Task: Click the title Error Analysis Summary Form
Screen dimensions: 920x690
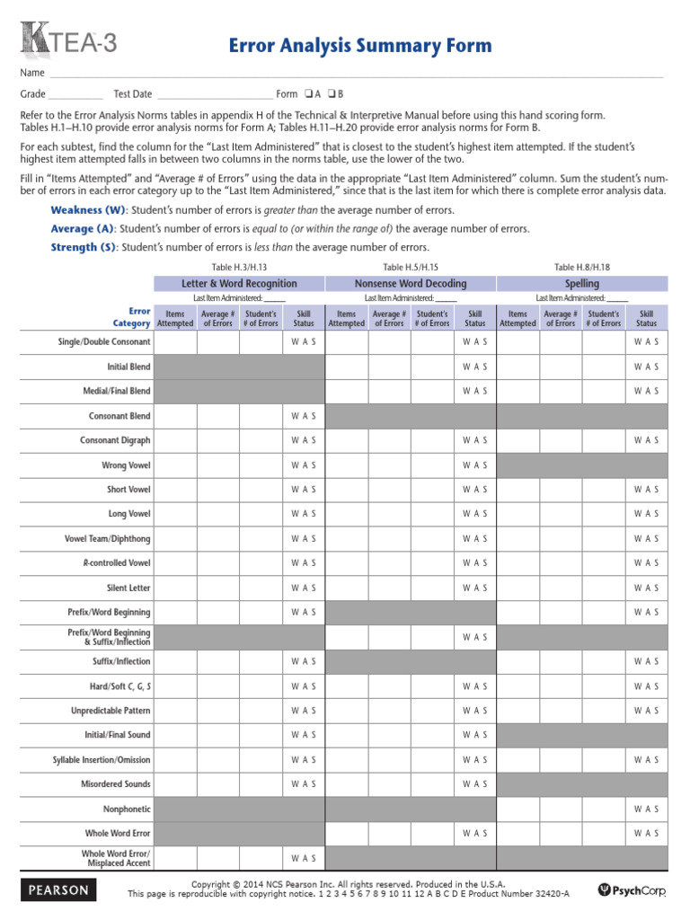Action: coord(359,46)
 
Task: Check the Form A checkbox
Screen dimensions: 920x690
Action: coord(308,94)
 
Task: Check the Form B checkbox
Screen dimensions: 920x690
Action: coord(332,94)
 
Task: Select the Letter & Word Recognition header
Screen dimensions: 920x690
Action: coord(239,283)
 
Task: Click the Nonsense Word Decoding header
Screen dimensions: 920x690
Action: coord(411,283)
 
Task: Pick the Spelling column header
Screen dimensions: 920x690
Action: coord(582,283)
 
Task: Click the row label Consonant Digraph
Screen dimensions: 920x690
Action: coord(115,441)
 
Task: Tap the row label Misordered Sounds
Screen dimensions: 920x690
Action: coord(116,784)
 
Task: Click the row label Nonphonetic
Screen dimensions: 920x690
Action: coord(128,809)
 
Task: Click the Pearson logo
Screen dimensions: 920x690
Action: coord(58,889)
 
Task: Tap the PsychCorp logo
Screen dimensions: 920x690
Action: coord(632,889)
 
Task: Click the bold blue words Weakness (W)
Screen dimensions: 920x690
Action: coord(88,209)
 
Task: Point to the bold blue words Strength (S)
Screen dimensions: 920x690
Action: coord(84,247)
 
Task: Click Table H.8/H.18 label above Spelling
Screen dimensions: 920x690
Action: coord(581,267)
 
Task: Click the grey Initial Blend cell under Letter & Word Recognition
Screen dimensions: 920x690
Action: coord(239,367)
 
